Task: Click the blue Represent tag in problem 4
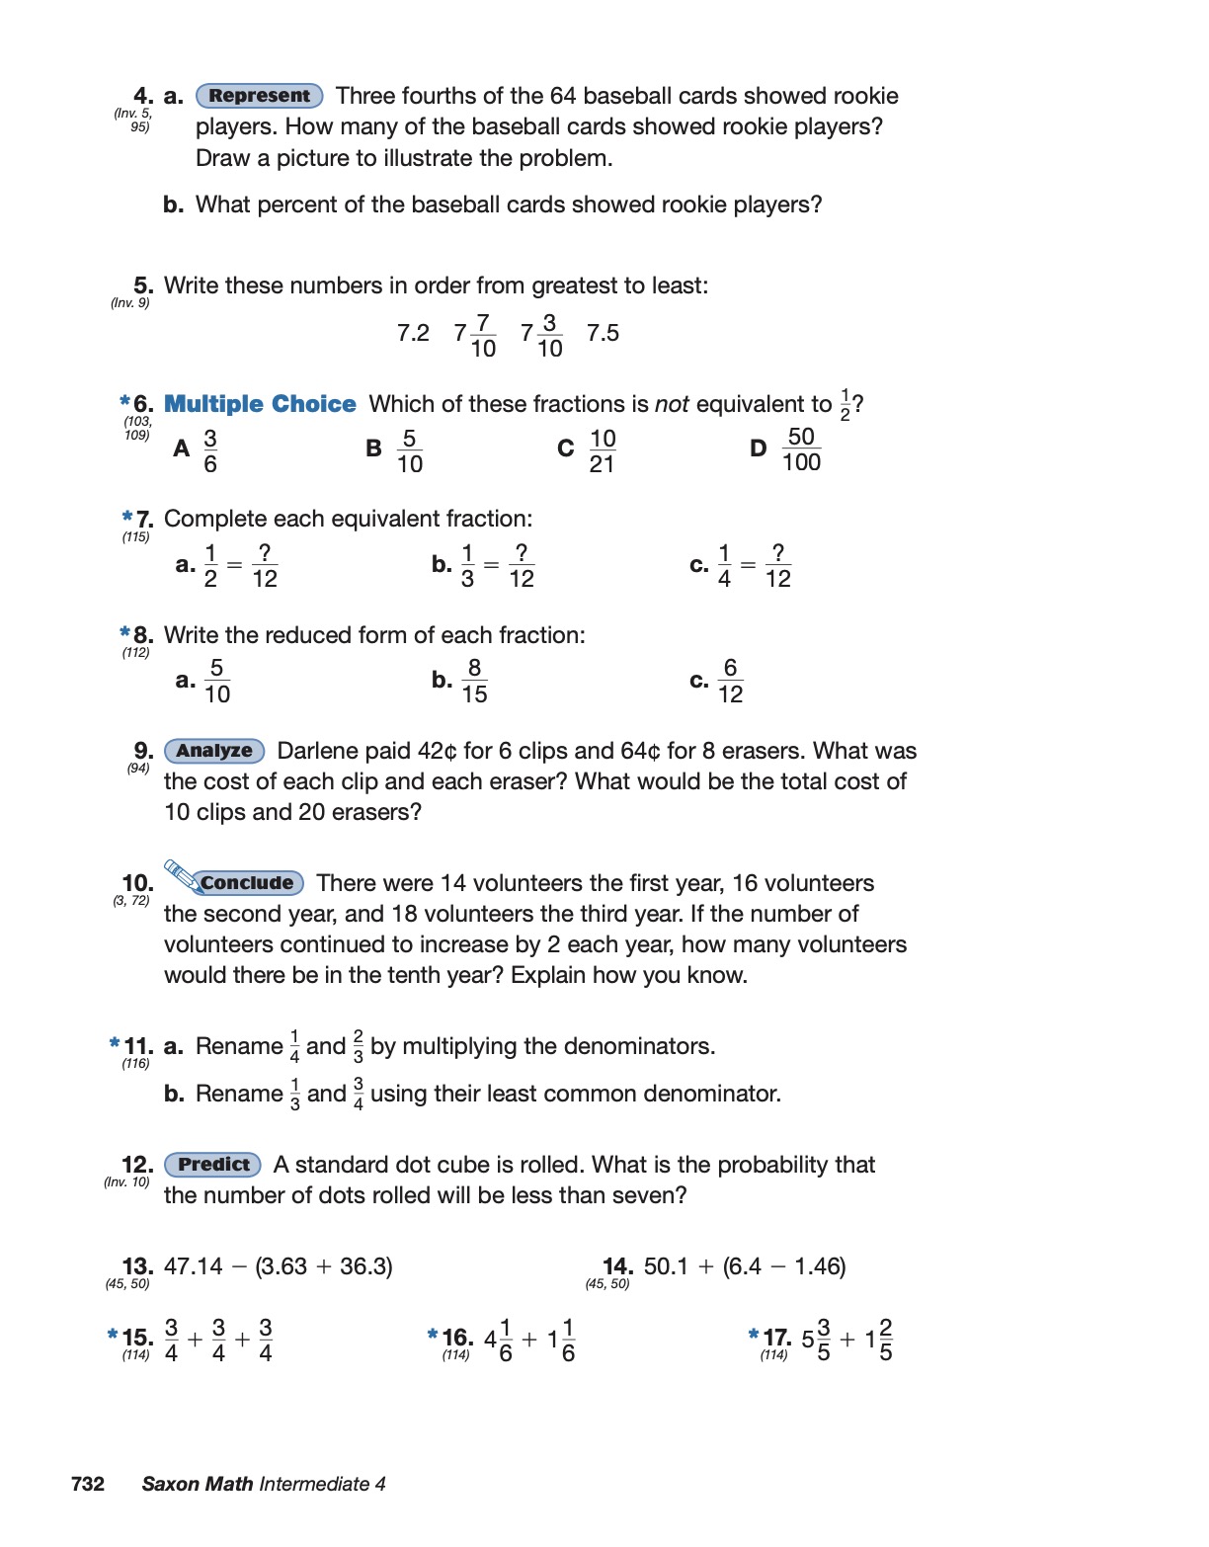coord(259,96)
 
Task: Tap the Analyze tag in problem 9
coord(214,751)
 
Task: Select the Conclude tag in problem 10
coord(248,883)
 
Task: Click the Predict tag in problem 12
coord(212,1165)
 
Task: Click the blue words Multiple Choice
coord(260,404)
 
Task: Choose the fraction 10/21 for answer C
coord(602,450)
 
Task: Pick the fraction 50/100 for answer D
coord(801,449)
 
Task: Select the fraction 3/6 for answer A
coord(210,450)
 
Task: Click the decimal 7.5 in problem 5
coord(603,334)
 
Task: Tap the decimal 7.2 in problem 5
coord(413,334)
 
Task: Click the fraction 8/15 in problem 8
coord(474,681)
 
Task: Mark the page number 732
coord(88,1484)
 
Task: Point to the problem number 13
coord(137,1266)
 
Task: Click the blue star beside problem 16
coord(433,1335)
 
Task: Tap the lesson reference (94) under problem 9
coord(138,769)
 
